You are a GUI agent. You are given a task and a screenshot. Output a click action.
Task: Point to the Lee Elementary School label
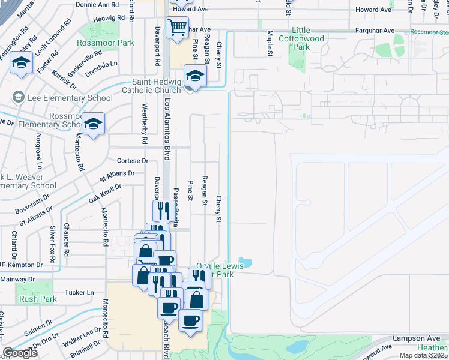[x=69, y=98]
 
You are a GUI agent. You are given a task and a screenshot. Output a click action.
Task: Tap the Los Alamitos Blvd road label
[x=167, y=120]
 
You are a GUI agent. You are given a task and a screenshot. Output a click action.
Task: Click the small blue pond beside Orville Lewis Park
[x=246, y=262]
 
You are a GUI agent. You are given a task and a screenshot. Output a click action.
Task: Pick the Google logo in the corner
[x=20, y=353]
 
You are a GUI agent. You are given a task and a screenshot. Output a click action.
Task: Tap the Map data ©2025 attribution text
[x=424, y=355]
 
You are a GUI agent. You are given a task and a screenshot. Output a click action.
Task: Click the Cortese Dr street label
[x=133, y=161]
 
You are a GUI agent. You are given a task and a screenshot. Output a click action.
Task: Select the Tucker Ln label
[x=80, y=292]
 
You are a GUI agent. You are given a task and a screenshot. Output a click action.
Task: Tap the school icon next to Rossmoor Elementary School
[x=94, y=124]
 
